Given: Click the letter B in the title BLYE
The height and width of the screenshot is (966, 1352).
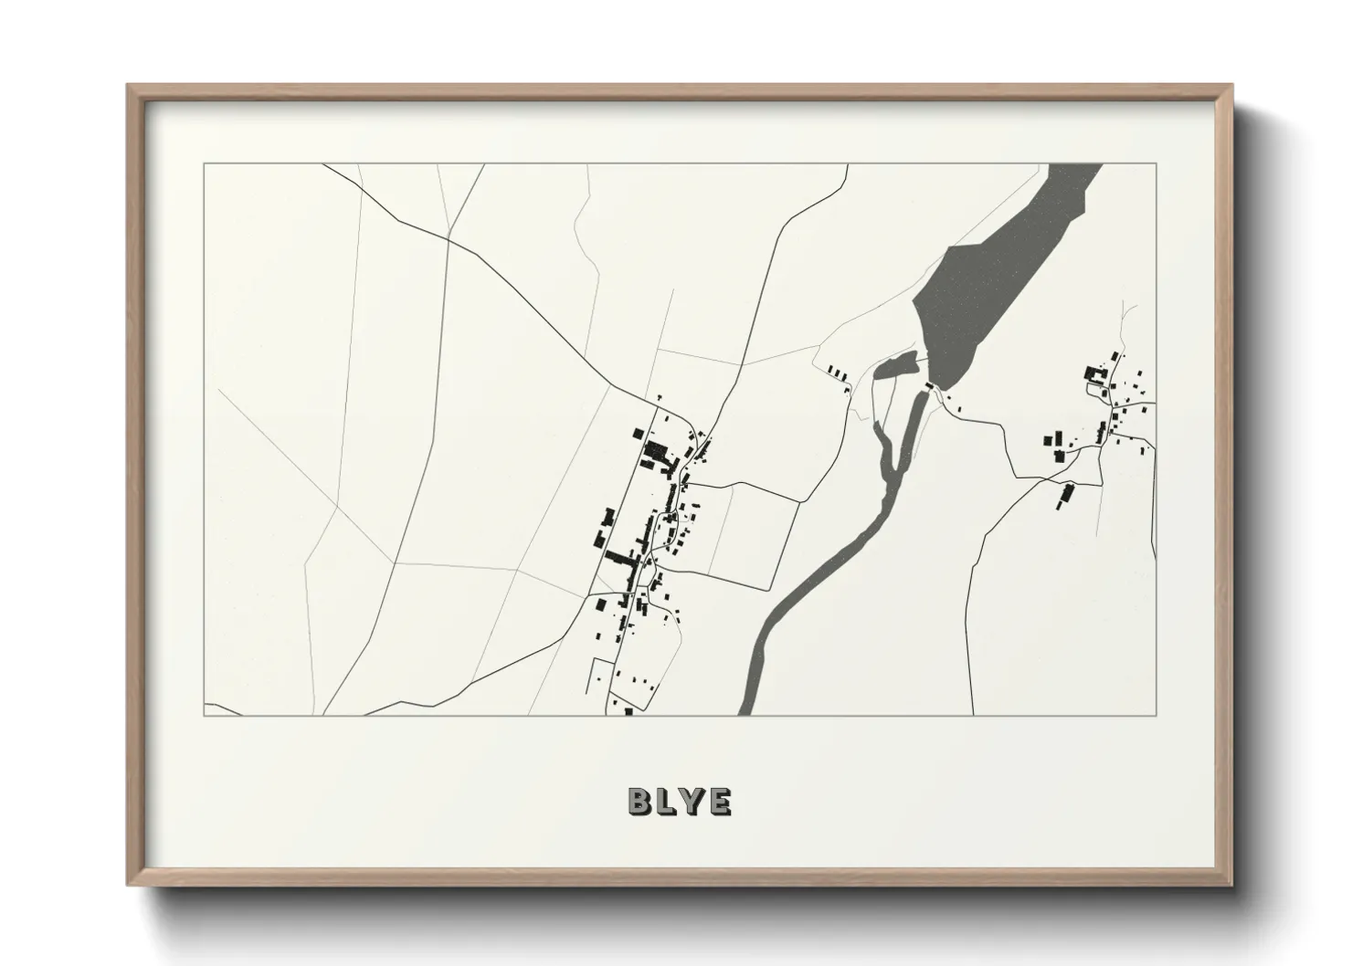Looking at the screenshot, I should pyautogui.click(x=639, y=802).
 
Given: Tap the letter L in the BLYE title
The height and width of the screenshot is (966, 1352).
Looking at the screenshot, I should pyautogui.click(x=667, y=802).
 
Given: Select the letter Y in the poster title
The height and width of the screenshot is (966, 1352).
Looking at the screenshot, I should pyautogui.click(x=693, y=802).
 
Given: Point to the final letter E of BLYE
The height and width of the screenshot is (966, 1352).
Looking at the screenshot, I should pyautogui.click(x=720, y=802).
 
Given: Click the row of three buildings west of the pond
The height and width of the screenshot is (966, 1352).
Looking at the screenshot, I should pyautogui.click(x=838, y=373).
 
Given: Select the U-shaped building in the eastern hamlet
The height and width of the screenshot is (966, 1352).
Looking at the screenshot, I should pyautogui.click(x=1093, y=373).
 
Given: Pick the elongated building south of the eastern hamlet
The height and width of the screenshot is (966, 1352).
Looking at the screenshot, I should pyautogui.click(x=1065, y=497).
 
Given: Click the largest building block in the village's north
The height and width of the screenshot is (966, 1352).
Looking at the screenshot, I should pyautogui.click(x=656, y=451).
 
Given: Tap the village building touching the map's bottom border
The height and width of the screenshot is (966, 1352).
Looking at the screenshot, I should pyautogui.click(x=628, y=711).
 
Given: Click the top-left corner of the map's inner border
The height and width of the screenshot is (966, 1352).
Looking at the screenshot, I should pyautogui.click(x=205, y=164).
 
